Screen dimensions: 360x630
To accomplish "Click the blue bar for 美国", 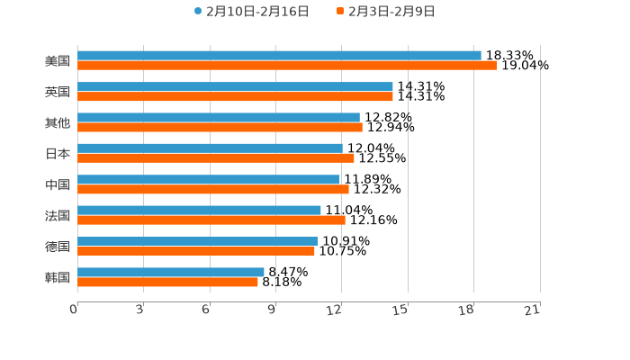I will [279, 56].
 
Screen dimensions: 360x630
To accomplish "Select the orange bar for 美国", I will [287, 66].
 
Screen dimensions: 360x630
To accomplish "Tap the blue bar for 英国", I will [235, 86].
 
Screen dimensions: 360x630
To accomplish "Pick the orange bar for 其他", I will [220, 127].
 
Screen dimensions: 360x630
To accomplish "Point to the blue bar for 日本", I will [210, 148].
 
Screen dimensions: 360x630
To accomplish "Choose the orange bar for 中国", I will [213, 189].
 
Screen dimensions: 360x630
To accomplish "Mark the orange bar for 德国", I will [196, 251].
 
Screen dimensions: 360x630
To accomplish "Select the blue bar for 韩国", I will [171, 272].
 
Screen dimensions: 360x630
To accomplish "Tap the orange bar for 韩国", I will [167, 282].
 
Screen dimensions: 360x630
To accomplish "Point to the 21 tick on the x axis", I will [533, 310].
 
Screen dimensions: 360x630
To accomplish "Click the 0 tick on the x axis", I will [74, 310].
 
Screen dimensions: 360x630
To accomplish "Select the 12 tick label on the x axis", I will [334, 310].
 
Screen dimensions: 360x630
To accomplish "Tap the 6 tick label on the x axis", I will [205, 310].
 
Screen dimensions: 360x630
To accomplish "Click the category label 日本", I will [58, 154].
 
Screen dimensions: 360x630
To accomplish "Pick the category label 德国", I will [58, 247].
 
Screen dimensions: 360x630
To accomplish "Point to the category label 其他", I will [58, 122].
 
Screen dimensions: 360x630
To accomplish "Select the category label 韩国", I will [58, 277].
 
